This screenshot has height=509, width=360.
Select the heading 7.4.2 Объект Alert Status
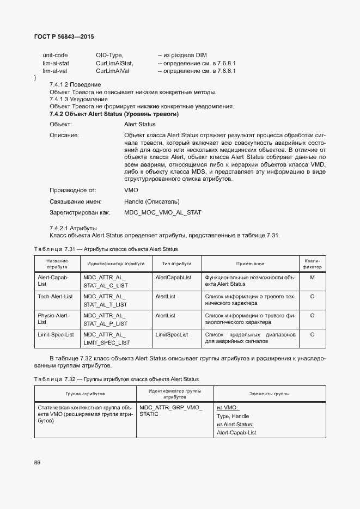(114, 114)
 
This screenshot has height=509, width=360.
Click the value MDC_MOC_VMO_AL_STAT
(162, 212)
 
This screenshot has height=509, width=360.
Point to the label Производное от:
(72, 191)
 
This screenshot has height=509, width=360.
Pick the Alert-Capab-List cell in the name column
(53, 280)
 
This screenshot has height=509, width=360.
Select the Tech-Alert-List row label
(55, 296)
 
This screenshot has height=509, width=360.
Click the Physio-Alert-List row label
(53, 318)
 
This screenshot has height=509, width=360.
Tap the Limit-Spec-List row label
(56, 334)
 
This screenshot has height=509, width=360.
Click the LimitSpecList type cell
(172, 334)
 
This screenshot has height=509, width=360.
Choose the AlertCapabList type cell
(173, 277)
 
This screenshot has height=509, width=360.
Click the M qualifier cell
(312, 277)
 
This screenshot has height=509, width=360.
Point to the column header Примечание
(251, 263)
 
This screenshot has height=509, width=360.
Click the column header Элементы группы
(269, 393)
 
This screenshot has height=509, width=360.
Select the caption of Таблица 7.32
(117, 379)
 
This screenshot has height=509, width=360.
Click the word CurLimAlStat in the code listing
(114, 63)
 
